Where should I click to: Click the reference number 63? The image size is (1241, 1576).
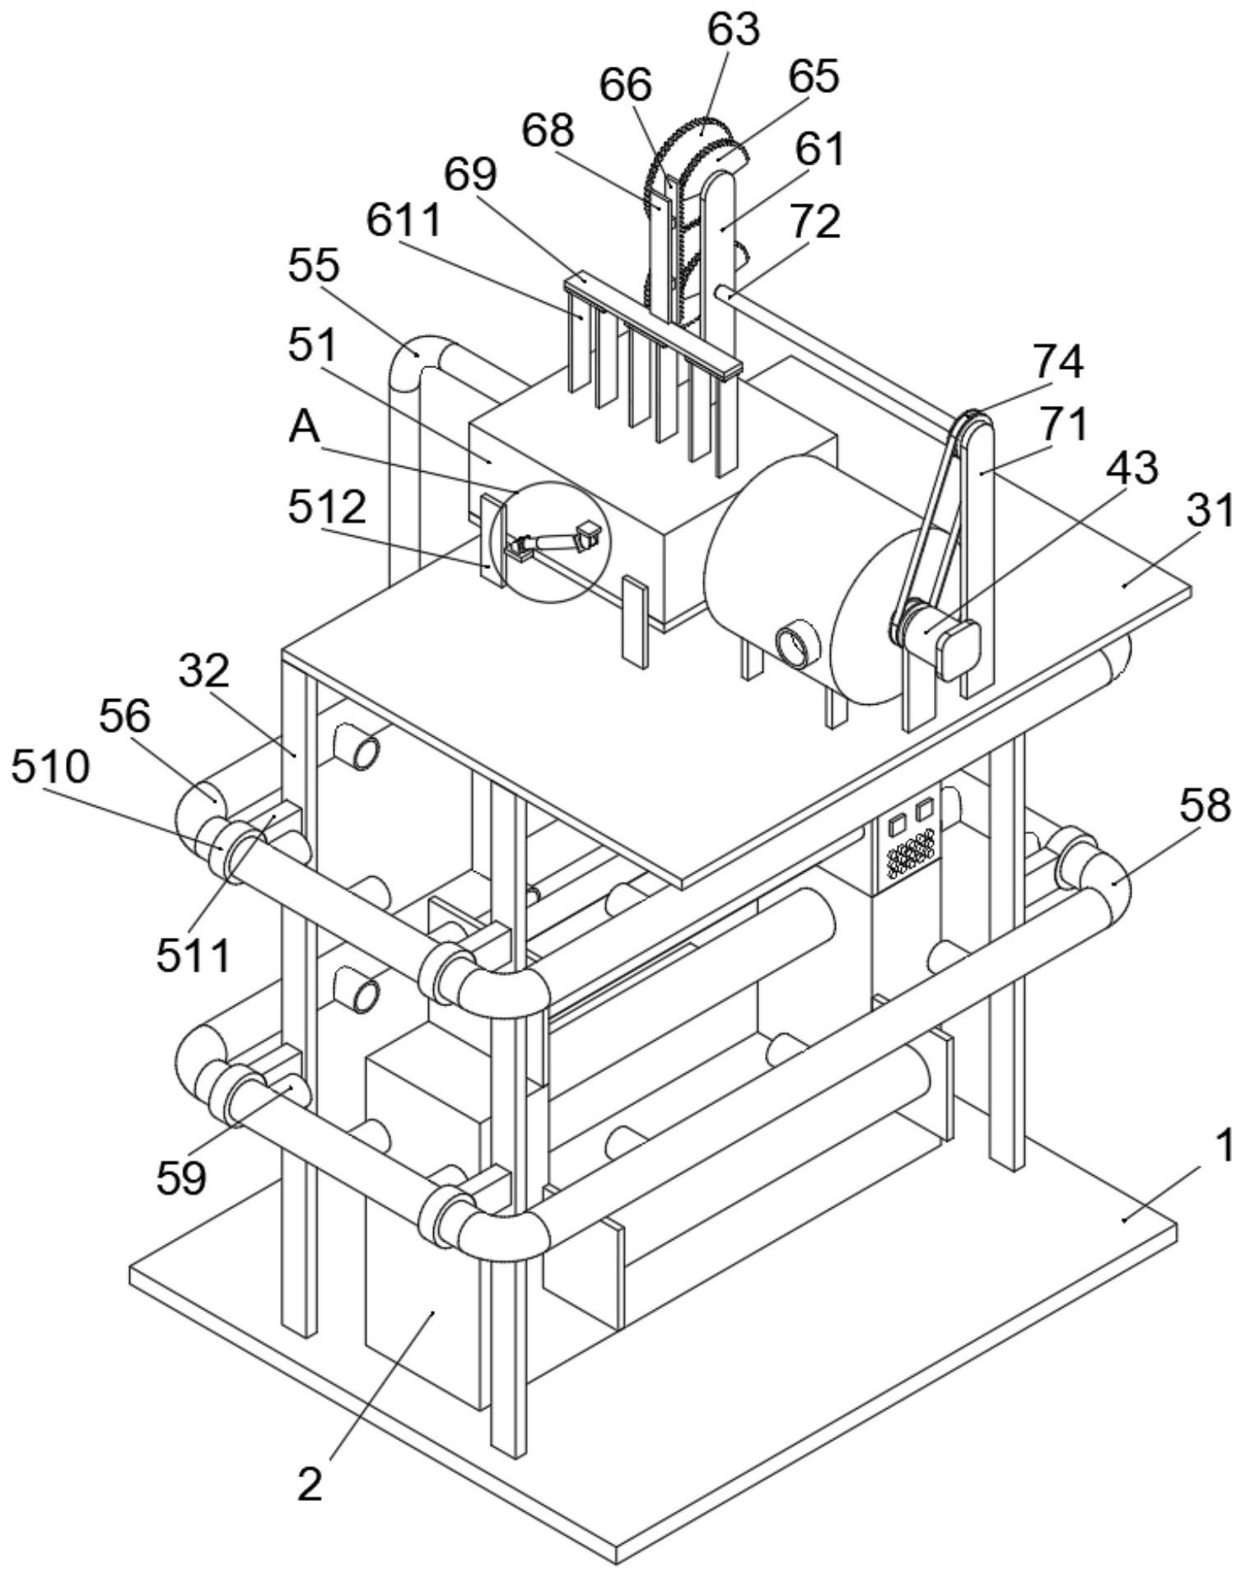[x=734, y=30]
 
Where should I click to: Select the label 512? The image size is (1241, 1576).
[x=327, y=509]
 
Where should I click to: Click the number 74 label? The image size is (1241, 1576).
[x=1058, y=363]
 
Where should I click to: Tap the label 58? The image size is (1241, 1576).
[x=1206, y=807]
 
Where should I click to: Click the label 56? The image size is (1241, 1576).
[x=124, y=718]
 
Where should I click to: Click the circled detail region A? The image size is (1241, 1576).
[x=549, y=541]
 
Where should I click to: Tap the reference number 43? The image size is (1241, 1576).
[x=1131, y=469]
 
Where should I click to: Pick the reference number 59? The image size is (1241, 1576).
[x=181, y=1178]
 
